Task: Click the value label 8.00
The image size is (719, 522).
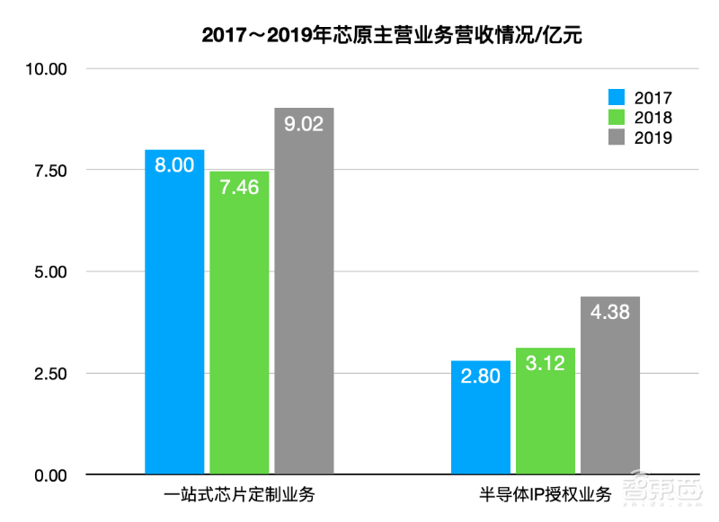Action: [174, 165]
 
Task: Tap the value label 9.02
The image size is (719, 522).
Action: [304, 124]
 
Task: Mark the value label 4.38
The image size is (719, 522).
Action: [609, 313]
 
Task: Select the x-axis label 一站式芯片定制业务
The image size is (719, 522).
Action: [239, 495]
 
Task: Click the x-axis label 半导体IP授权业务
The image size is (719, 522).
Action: [545, 495]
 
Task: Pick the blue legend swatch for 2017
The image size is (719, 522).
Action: [617, 97]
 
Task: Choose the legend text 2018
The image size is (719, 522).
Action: [652, 118]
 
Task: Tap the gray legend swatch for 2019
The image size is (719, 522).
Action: [617, 137]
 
